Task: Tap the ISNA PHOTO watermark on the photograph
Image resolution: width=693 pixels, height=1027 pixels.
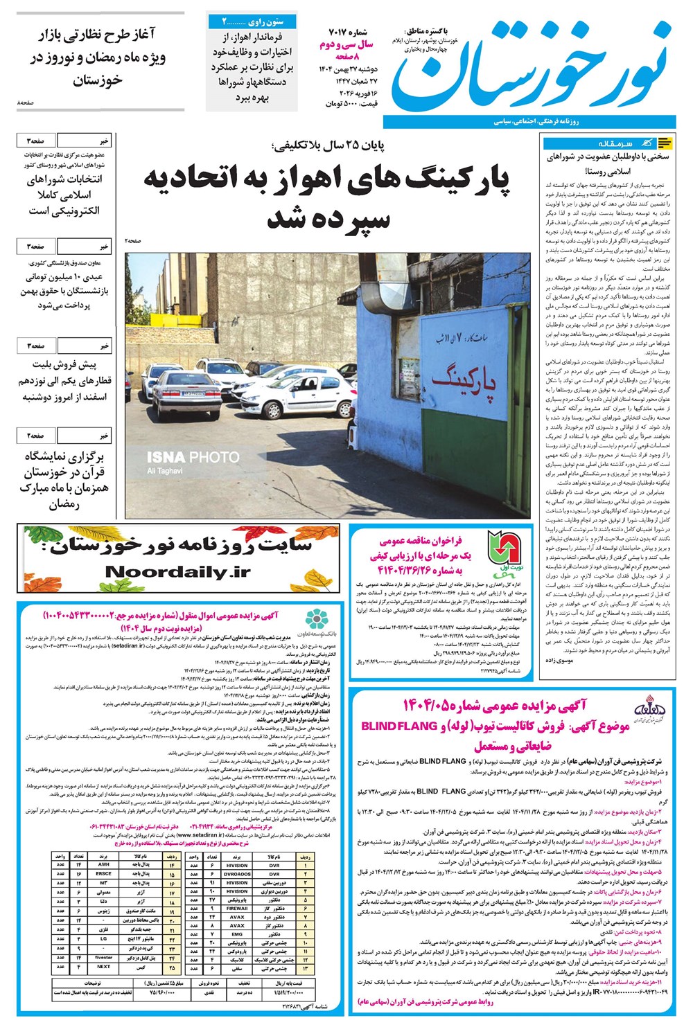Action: (x=192, y=457)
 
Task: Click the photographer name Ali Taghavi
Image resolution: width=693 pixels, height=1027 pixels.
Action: (x=165, y=471)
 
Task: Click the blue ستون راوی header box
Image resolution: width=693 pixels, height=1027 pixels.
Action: (x=253, y=21)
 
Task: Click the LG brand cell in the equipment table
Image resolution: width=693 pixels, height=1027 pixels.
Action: (x=103, y=939)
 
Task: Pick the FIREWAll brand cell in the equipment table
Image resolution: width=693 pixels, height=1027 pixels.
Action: (x=237, y=908)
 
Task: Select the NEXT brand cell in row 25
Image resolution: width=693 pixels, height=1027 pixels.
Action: (x=103, y=966)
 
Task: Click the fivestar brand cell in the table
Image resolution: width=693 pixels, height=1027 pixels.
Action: (x=103, y=957)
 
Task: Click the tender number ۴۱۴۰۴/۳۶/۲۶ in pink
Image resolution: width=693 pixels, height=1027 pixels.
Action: (x=423, y=571)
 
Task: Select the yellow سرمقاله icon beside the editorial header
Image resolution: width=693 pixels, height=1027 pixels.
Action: (x=664, y=143)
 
